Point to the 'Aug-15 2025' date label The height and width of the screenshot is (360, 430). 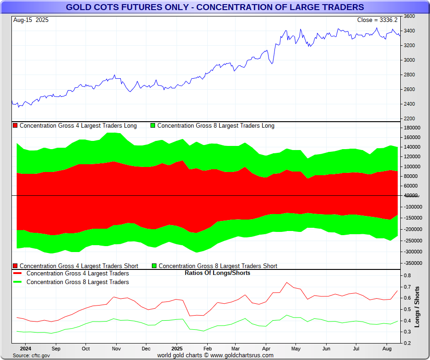pyautogui.click(x=31, y=20)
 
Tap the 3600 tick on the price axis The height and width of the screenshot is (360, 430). pyautogui.click(x=410, y=16)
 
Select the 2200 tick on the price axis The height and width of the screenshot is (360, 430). pyautogui.click(x=410, y=119)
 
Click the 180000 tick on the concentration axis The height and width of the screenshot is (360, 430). pyautogui.click(x=412, y=128)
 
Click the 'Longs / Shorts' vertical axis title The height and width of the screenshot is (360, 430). pyautogui.click(x=417, y=307)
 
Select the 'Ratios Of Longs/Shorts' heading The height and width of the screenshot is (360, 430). pyautogui.click(x=217, y=273)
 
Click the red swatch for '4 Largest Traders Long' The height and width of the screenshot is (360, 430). pyautogui.click(x=15, y=126)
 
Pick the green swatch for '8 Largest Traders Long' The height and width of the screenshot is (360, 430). pyautogui.click(x=153, y=126)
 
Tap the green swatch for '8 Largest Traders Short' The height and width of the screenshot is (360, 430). pyautogui.click(x=154, y=266)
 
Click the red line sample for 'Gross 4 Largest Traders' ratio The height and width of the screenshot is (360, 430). pyautogui.click(x=18, y=274)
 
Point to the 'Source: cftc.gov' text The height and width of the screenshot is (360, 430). pyautogui.click(x=31, y=355)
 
